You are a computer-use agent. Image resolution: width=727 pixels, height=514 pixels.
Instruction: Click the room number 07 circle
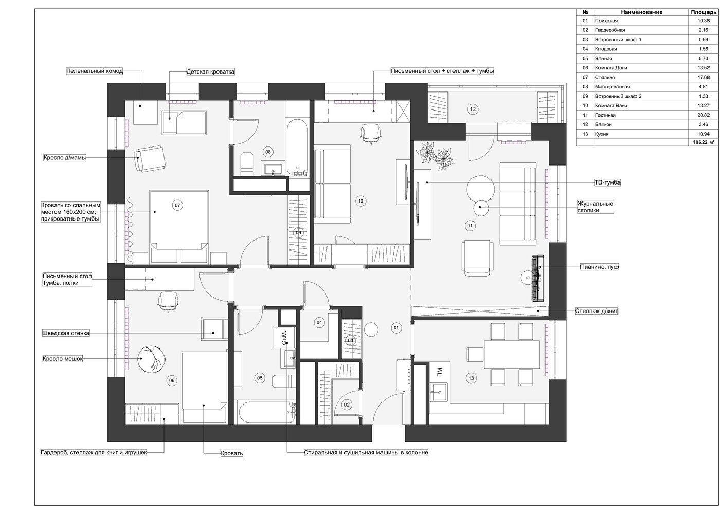(x=177, y=205)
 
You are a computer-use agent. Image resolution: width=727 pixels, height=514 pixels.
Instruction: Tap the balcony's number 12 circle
(x=473, y=109)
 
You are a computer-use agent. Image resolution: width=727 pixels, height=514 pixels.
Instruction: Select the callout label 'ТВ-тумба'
(x=608, y=182)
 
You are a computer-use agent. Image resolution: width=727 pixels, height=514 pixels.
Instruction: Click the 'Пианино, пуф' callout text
(x=599, y=267)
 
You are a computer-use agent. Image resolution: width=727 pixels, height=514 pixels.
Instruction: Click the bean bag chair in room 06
(x=152, y=359)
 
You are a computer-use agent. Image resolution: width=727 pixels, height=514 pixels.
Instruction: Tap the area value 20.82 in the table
(x=703, y=115)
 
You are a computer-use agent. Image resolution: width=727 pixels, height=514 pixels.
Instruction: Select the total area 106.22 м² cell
(x=705, y=142)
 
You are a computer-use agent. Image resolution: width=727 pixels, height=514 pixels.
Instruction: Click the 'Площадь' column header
(x=703, y=12)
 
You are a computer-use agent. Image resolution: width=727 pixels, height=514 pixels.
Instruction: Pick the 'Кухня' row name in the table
(x=602, y=134)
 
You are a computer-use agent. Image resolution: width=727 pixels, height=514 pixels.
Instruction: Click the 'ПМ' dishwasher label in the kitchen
(x=439, y=371)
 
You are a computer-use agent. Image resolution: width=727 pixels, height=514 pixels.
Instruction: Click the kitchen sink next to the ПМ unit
(x=439, y=392)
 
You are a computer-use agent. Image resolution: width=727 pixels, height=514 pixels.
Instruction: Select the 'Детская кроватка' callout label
(x=210, y=72)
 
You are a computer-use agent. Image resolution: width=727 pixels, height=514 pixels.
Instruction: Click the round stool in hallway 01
(x=371, y=329)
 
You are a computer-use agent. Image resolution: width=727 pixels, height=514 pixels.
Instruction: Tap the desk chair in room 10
(x=371, y=133)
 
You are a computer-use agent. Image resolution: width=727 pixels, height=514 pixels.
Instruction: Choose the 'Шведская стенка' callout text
(x=66, y=333)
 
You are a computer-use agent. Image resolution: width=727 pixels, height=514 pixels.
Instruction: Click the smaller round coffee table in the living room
(x=481, y=208)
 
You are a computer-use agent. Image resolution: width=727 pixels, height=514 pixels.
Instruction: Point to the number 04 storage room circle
(x=319, y=323)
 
